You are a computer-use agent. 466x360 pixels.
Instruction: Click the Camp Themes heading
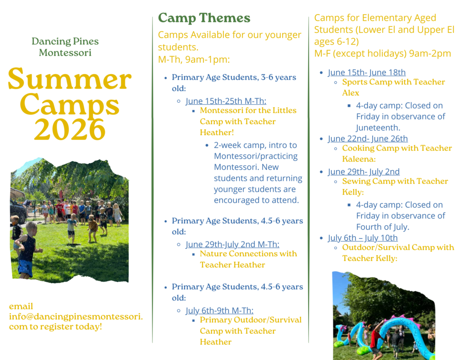[204, 18]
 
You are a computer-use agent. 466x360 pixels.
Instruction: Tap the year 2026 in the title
[70, 129]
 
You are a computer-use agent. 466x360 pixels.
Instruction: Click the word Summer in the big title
[70, 78]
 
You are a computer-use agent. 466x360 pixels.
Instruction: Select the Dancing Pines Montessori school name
[65, 47]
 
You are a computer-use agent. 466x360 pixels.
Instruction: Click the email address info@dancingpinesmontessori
[76, 316]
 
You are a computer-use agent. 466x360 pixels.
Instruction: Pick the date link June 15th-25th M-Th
[226, 101]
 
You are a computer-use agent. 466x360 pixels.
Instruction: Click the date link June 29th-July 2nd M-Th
[233, 244]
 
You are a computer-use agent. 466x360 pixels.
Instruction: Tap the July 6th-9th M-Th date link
[220, 310]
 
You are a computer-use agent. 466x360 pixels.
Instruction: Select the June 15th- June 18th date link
[367, 72]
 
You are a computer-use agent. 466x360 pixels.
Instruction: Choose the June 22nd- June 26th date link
[368, 138]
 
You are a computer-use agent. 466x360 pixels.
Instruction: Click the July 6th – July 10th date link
[363, 238]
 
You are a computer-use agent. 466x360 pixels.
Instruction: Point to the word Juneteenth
[378, 127]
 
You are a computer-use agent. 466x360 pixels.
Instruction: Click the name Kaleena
[359, 159]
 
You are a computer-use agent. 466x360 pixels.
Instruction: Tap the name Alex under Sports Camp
[351, 93]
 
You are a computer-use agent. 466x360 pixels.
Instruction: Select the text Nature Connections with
[248, 254]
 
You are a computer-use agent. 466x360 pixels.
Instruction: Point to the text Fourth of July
[383, 227]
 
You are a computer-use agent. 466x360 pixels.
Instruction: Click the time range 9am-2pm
[430, 54]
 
